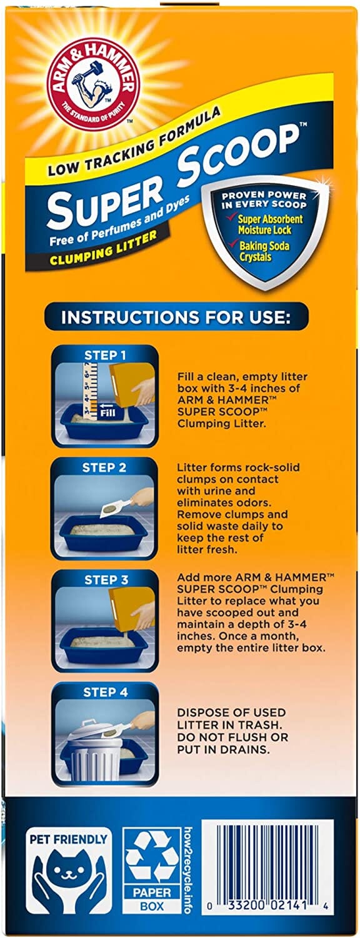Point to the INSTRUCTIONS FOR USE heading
pos(176,317)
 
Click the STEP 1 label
pos(104,356)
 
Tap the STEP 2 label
pos(104,468)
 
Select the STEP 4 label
pos(105,692)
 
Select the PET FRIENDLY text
pos(68,839)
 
